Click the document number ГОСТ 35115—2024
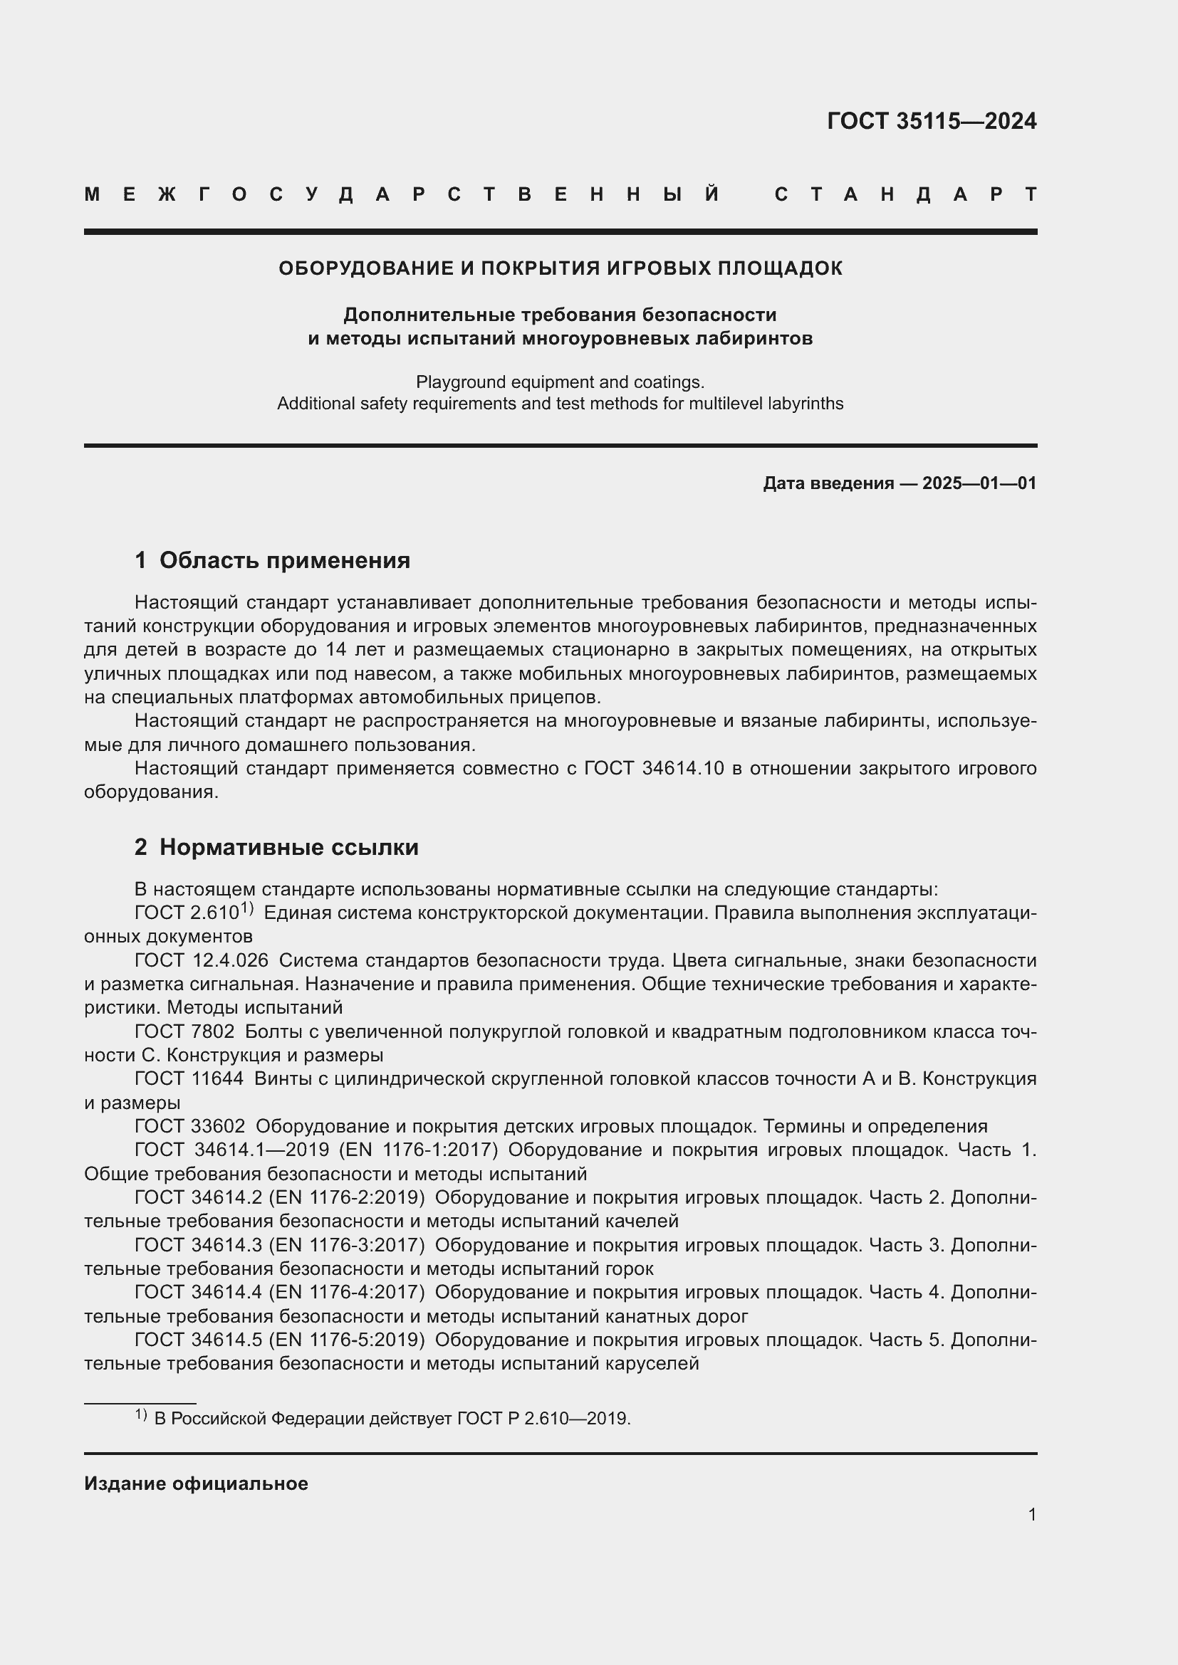tap(932, 121)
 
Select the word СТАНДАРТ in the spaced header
tap(905, 194)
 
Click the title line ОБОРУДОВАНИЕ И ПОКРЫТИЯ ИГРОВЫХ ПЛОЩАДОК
tap(560, 268)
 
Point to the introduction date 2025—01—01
tap(979, 483)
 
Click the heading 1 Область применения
tap(272, 560)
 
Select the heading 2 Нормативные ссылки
tap(276, 847)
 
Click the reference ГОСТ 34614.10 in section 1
tap(654, 768)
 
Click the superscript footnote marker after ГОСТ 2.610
tap(246, 908)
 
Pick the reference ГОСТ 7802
tap(184, 1031)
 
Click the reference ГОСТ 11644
tap(189, 1078)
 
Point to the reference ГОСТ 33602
tap(189, 1126)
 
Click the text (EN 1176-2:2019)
tap(346, 1197)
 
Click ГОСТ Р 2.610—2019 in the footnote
tap(543, 1419)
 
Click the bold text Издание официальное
tap(196, 1483)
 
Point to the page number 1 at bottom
tap(1031, 1514)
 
